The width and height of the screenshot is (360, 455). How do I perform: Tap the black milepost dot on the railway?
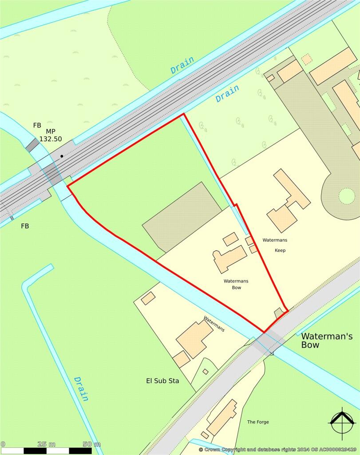point(62,156)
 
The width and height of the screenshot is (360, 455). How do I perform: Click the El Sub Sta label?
point(162,381)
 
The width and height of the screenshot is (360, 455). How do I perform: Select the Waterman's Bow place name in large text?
point(327,340)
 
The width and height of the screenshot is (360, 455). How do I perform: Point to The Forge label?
point(258,422)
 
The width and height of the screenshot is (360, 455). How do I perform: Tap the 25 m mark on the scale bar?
point(46,444)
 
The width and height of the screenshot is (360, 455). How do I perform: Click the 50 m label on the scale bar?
point(91,444)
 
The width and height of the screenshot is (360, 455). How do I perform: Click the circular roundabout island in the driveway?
point(347,196)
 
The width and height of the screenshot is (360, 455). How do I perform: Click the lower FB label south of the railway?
point(25,226)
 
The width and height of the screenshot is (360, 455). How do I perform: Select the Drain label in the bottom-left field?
point(81,388)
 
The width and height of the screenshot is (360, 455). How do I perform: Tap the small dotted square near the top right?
point(306,59)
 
